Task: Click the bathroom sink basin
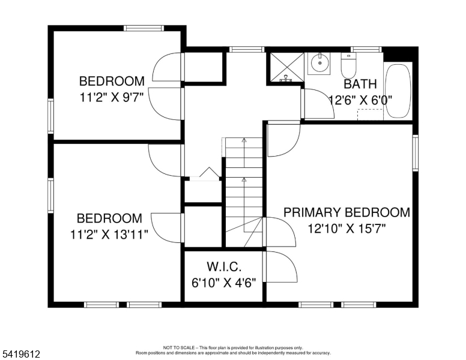point(319,63)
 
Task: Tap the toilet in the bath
point(348,65)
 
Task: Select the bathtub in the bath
point(398,91)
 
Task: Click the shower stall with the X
point(286,67)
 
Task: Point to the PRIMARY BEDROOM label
point(346,212)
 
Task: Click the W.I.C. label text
point(224,267)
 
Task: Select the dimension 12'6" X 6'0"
point(360,100)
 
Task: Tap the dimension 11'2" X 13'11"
point(109,235)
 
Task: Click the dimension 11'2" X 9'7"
point(112,97)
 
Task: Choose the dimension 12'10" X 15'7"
point(346,229)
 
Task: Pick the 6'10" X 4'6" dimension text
point(224,283)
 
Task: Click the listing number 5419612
point(21,354)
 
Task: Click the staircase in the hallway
point(244,191)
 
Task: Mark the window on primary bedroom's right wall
point(416,152)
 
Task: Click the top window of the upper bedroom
point(144,28)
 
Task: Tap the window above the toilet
point(366,49)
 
